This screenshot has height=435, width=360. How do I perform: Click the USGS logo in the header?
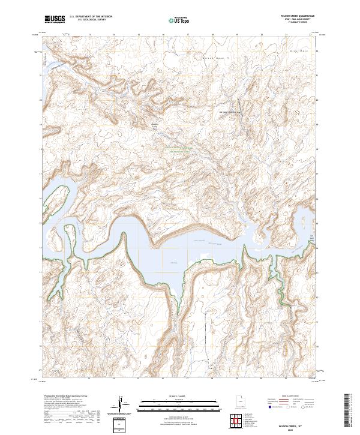coord(55,19)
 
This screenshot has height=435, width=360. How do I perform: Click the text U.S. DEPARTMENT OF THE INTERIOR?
coord(91,17)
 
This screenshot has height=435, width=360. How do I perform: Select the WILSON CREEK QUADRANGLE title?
coord(295,16)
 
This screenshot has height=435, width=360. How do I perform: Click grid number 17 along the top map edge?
coord(188,35)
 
